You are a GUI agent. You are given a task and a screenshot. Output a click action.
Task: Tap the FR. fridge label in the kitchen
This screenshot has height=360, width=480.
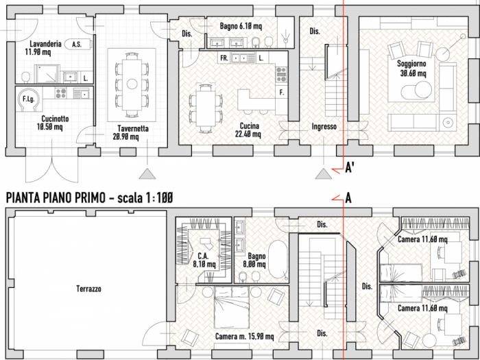224,59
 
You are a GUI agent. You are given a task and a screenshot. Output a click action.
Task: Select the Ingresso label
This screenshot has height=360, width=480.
324,127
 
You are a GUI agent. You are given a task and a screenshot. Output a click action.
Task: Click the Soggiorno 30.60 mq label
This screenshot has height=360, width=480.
411,67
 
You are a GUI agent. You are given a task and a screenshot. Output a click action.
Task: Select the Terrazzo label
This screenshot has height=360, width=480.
88,289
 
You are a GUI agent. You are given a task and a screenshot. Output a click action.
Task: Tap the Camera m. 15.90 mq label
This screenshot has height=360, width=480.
245,336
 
